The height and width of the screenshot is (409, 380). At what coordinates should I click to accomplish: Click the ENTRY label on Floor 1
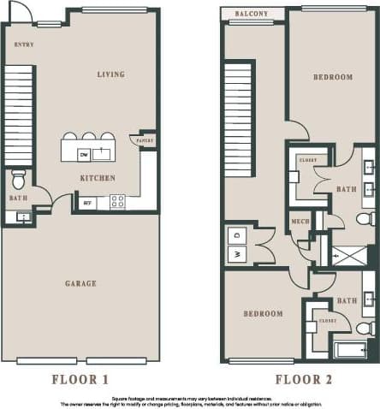tap(25, 44)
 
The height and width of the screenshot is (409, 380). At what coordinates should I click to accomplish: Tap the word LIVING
tap(110, 74)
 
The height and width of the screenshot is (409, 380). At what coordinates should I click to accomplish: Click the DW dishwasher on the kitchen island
tap(84, 154)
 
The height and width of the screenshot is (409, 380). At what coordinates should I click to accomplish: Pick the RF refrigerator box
tap(87, 203)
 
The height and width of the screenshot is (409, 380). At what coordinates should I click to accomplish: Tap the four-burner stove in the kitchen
tap(117, 202)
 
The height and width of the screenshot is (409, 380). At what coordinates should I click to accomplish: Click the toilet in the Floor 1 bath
tap(19, 180)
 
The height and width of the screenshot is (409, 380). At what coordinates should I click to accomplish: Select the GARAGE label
tap(80, 283)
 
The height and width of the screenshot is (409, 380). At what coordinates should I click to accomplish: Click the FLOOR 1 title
tap(80, 380)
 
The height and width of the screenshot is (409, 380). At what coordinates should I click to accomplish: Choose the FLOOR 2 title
tap(303, 380)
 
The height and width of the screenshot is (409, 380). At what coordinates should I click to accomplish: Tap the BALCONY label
tap(252, 15)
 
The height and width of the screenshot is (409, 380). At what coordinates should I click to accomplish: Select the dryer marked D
tap(237, 234)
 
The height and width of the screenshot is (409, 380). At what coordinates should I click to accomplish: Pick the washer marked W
tap(237, 253)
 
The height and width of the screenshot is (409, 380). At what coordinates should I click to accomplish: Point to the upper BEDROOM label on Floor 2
tap(332, 78)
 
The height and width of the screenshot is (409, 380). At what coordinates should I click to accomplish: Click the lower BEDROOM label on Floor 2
tap(263, 314)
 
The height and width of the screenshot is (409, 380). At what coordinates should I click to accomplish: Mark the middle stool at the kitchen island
tap(88, 136)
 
